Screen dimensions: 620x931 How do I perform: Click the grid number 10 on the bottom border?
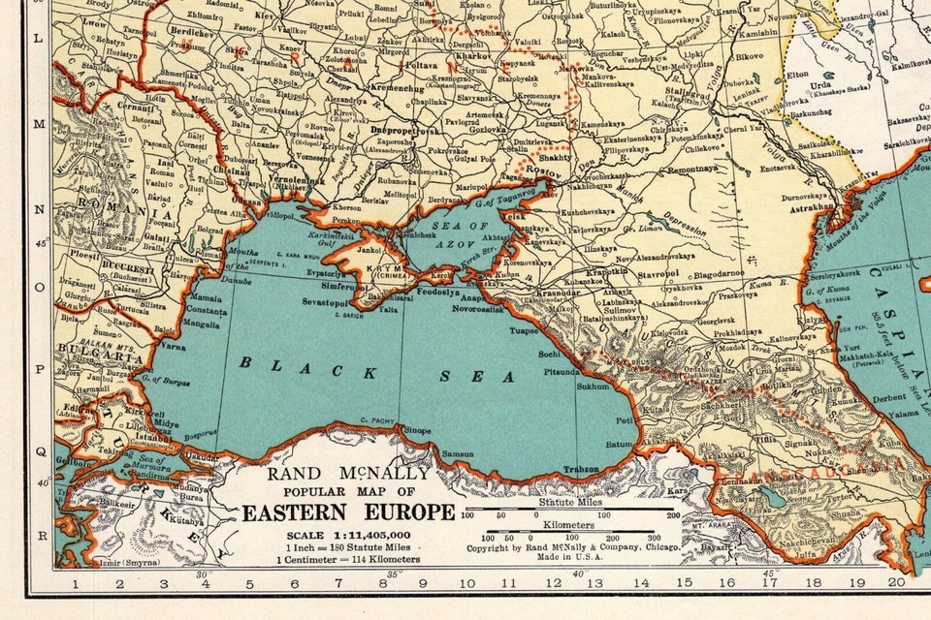tap(467, 583)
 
